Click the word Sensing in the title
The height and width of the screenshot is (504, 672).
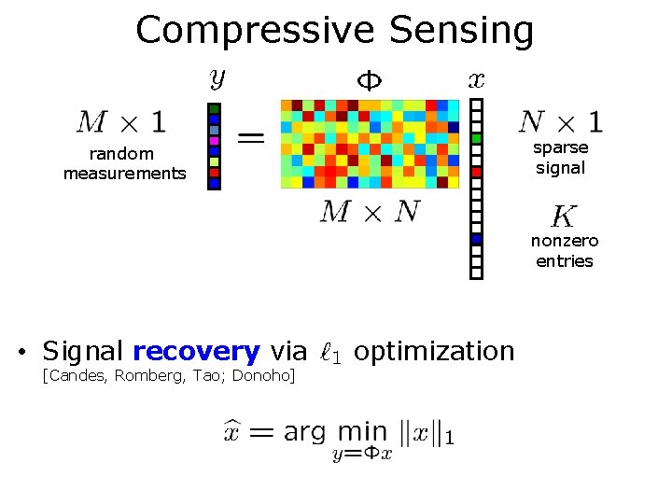462,30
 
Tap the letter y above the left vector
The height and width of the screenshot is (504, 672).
217,78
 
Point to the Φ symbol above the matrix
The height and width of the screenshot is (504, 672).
371,80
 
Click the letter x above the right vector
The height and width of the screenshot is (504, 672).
476,80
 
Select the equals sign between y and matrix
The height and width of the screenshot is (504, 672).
250,138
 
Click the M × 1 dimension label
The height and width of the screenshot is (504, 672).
121,121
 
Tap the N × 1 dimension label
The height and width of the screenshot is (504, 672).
560,121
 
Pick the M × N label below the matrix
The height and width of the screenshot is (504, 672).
370,212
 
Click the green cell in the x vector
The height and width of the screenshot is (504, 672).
476,139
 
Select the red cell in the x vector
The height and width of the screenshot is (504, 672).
476,172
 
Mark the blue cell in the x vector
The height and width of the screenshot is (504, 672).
476,239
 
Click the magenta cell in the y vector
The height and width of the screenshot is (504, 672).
215,140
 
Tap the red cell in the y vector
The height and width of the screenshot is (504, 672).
215,172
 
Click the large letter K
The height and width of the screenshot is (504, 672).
563,217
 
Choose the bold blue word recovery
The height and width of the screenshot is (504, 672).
196,352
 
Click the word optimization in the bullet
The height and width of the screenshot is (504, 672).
434,352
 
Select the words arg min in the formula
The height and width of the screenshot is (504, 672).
334,432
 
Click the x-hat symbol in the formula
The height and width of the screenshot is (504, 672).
233,432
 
